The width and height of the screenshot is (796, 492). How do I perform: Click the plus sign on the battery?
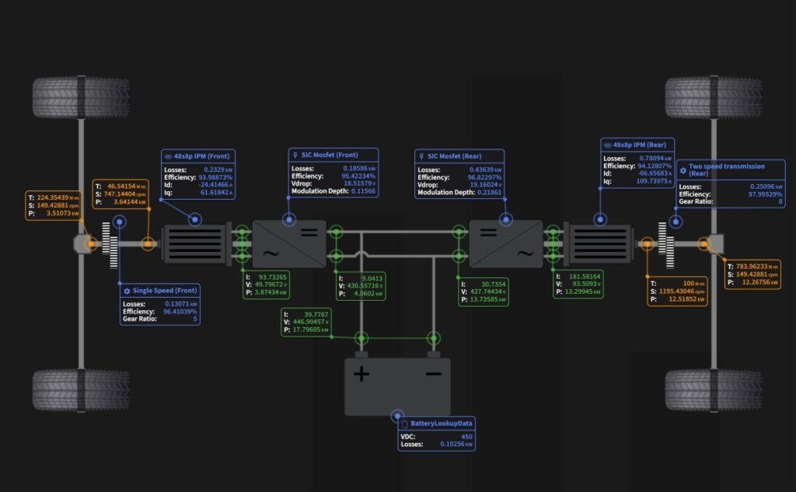point(362,375)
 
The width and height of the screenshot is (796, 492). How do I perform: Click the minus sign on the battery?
point(433,375)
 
